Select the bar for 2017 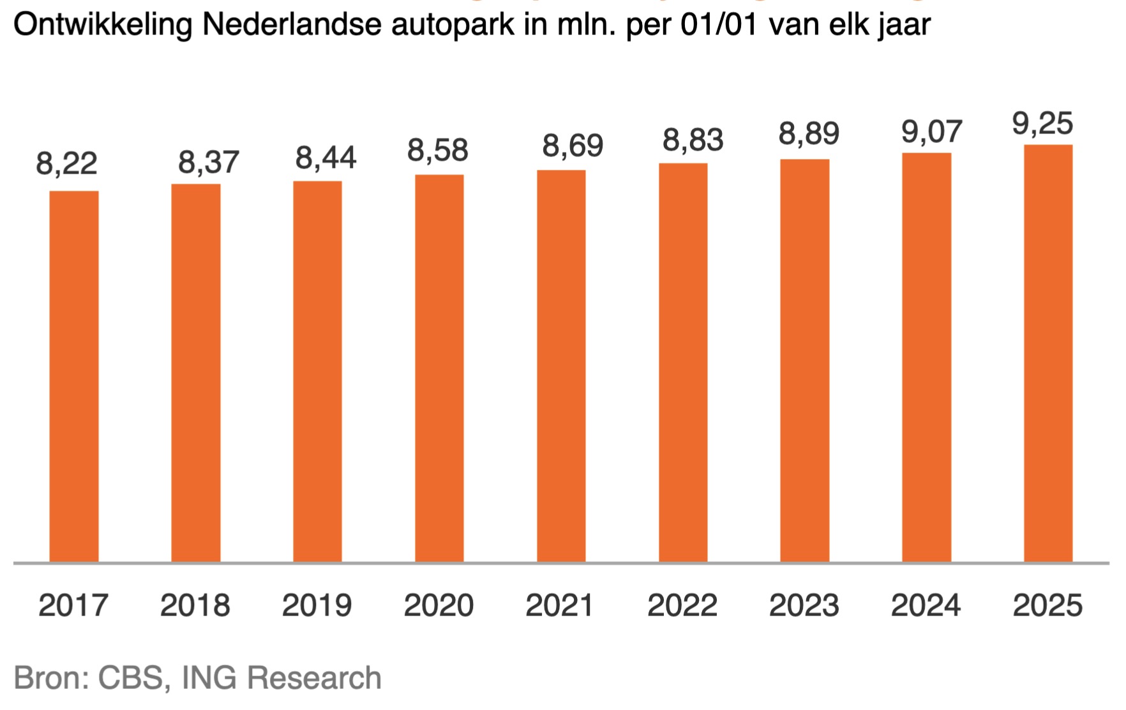coord(74,377)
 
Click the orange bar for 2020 coord(439,368)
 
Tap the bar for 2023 coord(804,361)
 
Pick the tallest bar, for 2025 coord(1048,354)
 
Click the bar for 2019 coord(317,372)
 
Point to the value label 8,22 coord(66,163)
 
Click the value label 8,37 coord(208,162)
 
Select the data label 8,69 coord(573,146)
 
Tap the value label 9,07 coord(931,132)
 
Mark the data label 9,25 coord(1042,123)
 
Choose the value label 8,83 coord(693,140)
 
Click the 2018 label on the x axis coord(195,605)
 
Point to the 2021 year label coord(560,605)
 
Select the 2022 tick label coord(682,605)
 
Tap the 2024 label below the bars coord(926,605)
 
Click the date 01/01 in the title coord(718,26)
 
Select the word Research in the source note coord(313,678)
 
